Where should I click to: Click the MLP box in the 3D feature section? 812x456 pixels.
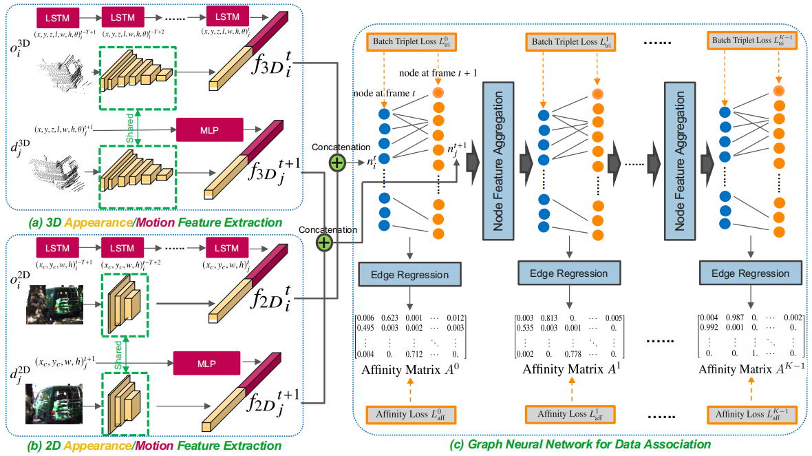pos(209,129)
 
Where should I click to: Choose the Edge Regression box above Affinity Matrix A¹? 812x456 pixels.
pos(568,273)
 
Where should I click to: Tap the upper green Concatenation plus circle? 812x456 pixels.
pos(336,163)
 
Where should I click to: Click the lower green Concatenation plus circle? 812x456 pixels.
pos(324,242)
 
